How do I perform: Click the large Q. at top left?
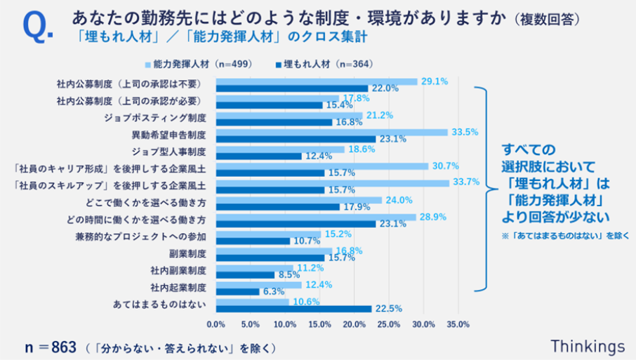click(x=36, y=27)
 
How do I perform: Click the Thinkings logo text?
click(x=587, y=346)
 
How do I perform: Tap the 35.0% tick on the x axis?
click(x=458, y=325)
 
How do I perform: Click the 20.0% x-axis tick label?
click(x=354, y=325)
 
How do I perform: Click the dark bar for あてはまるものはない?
click(x=293, y=308)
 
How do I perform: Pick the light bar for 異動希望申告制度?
click(x=331, y=132)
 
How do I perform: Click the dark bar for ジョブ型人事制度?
click(x=258, y=156)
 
